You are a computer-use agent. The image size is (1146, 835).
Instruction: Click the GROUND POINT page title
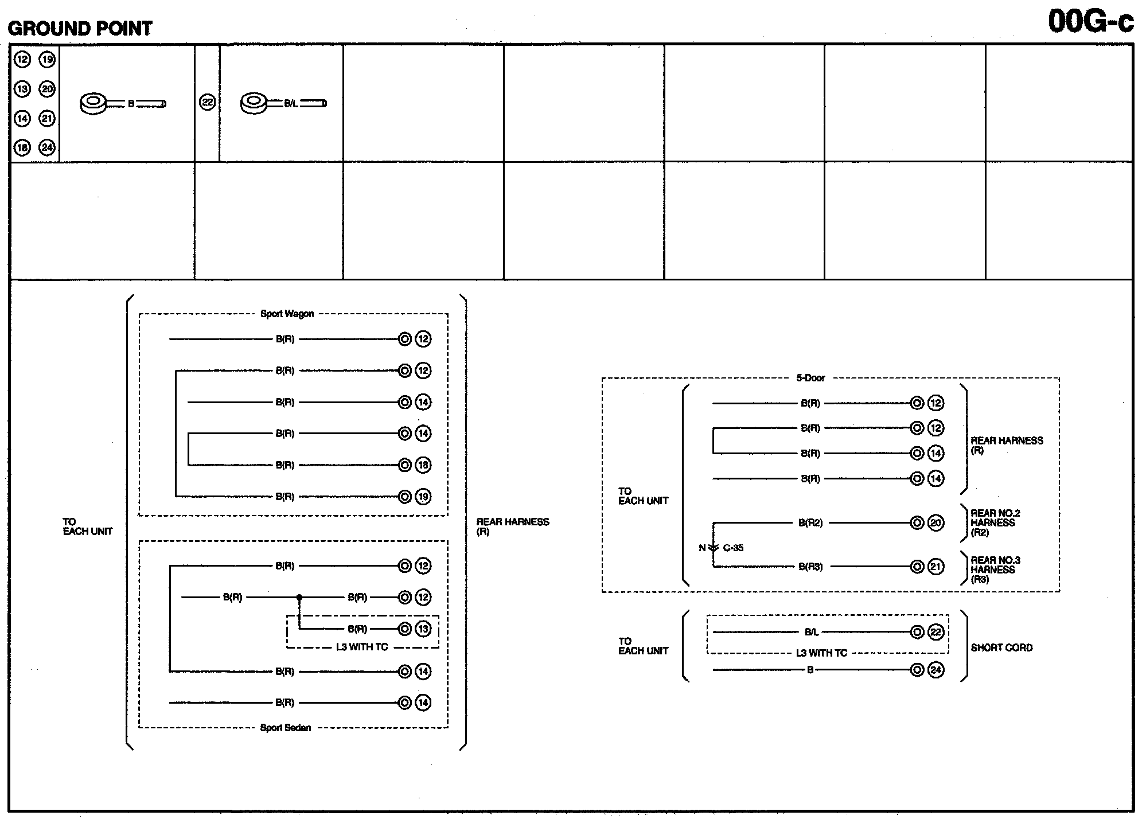coord(80,28)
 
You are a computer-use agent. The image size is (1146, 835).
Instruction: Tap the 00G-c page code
coord(1090,22)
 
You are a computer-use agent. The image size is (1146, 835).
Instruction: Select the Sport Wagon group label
coord(287,314)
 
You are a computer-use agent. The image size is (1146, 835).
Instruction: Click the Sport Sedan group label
coord(285,728)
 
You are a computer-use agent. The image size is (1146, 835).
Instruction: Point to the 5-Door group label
coord(810,378)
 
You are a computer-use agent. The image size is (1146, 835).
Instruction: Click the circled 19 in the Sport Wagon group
coord(423,497)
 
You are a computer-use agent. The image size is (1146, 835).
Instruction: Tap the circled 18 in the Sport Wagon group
coord(423,465)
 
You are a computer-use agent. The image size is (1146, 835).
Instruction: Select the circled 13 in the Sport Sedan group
coord(423,629)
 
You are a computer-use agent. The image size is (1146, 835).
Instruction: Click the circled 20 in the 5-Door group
coord(935,523)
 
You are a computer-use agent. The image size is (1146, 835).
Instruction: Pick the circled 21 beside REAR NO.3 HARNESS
coord(935,567)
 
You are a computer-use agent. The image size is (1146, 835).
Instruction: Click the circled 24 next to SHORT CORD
coord(935,670)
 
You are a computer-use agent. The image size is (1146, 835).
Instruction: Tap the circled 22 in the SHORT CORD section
coord(935,632)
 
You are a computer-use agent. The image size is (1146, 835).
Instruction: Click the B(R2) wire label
coord(810,523)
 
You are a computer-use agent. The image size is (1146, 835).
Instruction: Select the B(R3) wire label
coord(810,567)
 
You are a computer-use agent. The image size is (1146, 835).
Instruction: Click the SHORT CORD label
coord(1001,647)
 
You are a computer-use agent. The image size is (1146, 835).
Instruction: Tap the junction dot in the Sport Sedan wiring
coord(299,598)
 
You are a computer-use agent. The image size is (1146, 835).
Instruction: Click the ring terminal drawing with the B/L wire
coord(254,104)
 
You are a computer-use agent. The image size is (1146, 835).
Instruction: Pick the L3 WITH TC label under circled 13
coord(361,647)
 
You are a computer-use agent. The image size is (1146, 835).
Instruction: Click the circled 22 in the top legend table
coord(207,103)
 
